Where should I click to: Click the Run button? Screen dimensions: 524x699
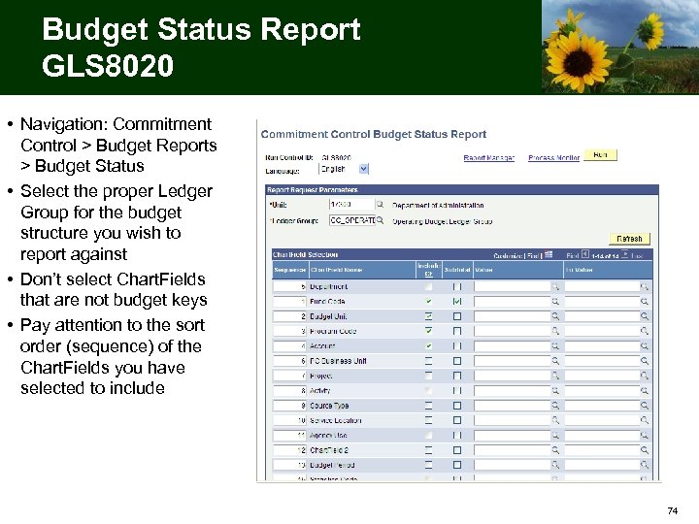[x=600, y=154]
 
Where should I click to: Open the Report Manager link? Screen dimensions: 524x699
[x=488, y=157]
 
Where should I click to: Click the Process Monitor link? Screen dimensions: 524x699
[x=553, y=157]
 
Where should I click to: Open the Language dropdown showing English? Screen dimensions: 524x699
[x=344, y=168]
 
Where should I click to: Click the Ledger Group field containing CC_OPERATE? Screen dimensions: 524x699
[x=351, y=221]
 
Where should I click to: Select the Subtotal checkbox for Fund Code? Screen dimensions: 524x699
[x=457, y=302]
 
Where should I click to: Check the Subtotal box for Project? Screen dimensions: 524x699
[x=457, y=376]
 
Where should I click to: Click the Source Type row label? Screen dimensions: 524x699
[x=329, y=406]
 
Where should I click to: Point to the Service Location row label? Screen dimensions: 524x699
[x=336, y=420]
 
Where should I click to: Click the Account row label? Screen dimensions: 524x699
[x=325, y=345]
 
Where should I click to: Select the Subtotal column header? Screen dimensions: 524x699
[x=457, y=270]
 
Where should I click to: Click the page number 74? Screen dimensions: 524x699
[x=673, y=510]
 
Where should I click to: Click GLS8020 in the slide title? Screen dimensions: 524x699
[x=108, y=66]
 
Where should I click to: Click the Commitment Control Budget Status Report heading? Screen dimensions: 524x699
[x=374, y=134]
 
